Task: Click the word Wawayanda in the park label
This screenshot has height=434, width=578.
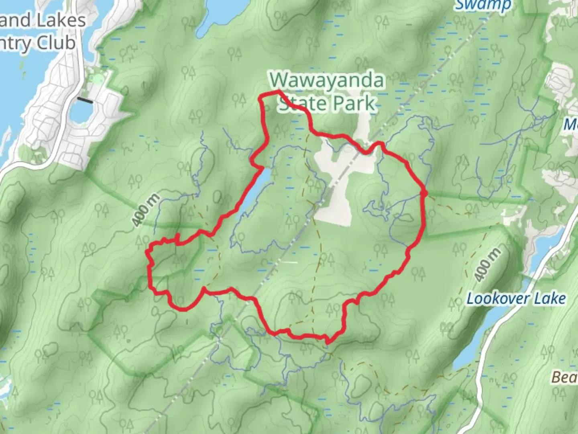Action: (x=327, y=81)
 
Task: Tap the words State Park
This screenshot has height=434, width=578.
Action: (x=327, y=104)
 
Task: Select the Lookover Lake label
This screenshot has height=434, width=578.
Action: (x=516, y=299)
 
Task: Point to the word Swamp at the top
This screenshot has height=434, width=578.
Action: (x=483, y=5)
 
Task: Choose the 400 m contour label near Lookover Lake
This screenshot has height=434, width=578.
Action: (x=487, y=264)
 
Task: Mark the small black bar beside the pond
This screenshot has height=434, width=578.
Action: (x=85, y=100)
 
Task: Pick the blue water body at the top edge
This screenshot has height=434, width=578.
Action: (x=217, y=12)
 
